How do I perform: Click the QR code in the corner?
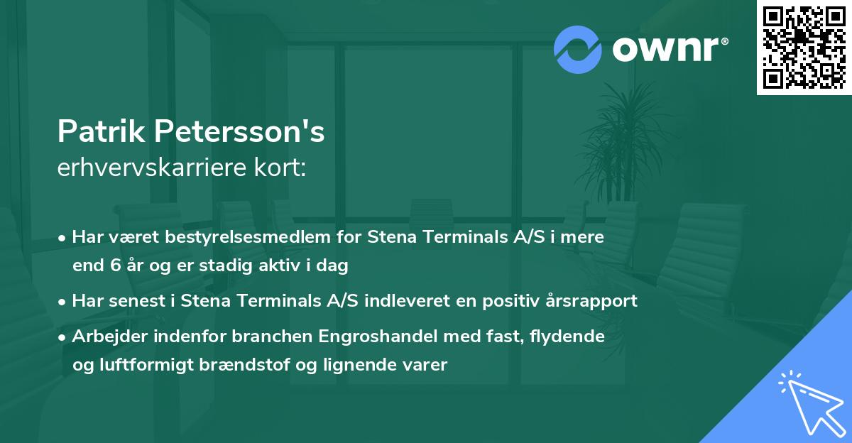pos(804,48)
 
